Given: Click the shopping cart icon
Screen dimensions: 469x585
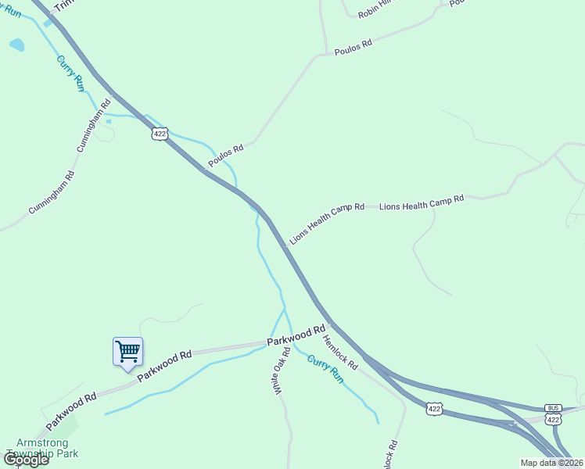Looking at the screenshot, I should coord(127,351).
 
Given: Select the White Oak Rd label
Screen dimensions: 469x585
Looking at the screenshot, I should coord(282,370).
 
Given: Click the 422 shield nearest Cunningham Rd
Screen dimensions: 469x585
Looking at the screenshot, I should coord(160,134).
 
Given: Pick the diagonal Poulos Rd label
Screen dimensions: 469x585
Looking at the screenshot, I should coord(225,155).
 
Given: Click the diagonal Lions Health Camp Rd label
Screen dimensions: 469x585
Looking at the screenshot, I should coord(327,224).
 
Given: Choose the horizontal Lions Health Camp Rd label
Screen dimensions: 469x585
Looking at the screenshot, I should coord(422,203).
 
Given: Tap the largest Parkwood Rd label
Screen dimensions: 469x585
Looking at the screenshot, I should coord(296,336).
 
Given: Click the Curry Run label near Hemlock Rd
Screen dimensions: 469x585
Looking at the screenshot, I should coord(325,369).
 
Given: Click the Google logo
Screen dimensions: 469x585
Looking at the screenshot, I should coord(26,460).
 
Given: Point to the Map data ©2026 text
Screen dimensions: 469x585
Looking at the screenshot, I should coord(551,463).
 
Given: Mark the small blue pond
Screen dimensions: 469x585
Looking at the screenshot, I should coord(16,45).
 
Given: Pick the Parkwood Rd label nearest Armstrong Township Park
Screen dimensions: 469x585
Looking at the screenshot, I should coord(70,410).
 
